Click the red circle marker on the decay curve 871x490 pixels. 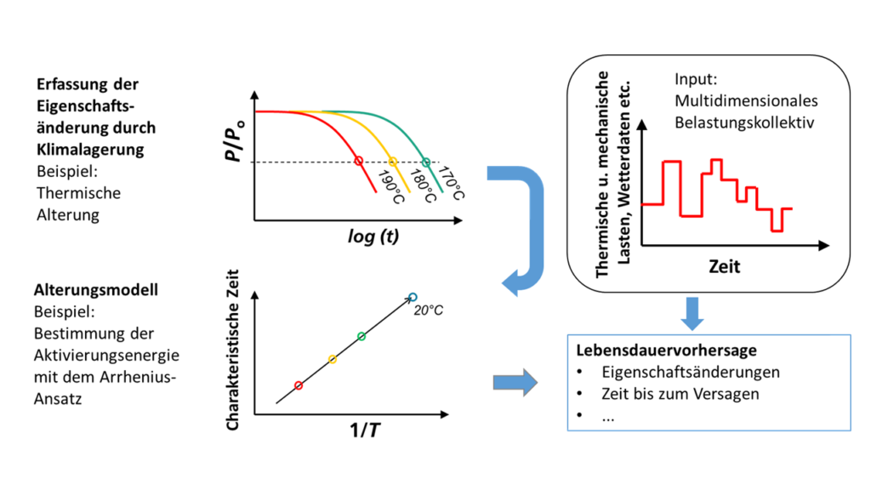coord(358,161)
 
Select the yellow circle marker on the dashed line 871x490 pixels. coord(393,161)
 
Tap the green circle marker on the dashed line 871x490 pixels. coord(427,161)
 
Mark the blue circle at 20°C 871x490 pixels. coord(413,297)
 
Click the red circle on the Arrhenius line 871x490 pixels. coord(298,385)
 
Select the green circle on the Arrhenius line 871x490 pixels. coord(361,337)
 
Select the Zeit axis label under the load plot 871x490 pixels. coord(725,266)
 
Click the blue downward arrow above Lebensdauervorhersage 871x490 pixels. coord(694,313)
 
